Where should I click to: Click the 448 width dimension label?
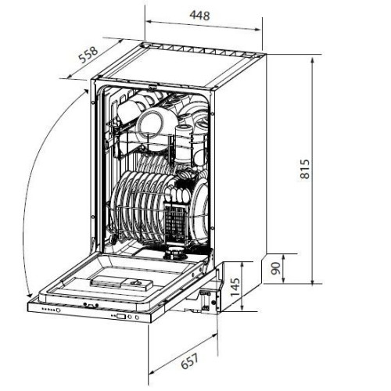pyautogui.click(x=199, y=16)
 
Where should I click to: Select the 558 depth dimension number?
pyautogui.click(x=88, y=55)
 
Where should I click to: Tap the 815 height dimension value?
pyautogui.click(x=305, y=169)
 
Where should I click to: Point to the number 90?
pyautogui.click(x=275, y=268)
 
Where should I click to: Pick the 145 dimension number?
pyautogui.click(x=235, y=287)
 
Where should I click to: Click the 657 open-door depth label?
pyautogui.click(x=190, y=361)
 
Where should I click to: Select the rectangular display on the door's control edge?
pyautogui.click(x=121, y=317)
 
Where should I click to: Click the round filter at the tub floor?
pyautogui.click(x=174, y=254)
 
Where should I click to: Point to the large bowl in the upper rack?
pyautogui.click(x=150, y=124)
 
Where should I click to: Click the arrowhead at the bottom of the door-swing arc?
pyautogui.click(x=30, y=295)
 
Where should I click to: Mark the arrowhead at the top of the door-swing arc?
pyautogui.click(x=85, y=91)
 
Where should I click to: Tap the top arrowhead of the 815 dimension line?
pyautogui.click(x=313, y=60)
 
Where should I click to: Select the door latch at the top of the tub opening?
pyautogui.click(x=153, y=86)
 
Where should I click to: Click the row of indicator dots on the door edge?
pyautogui.click(x=49, y=310)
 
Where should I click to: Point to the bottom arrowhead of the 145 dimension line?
pyautogui.click(x=242, y=307)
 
